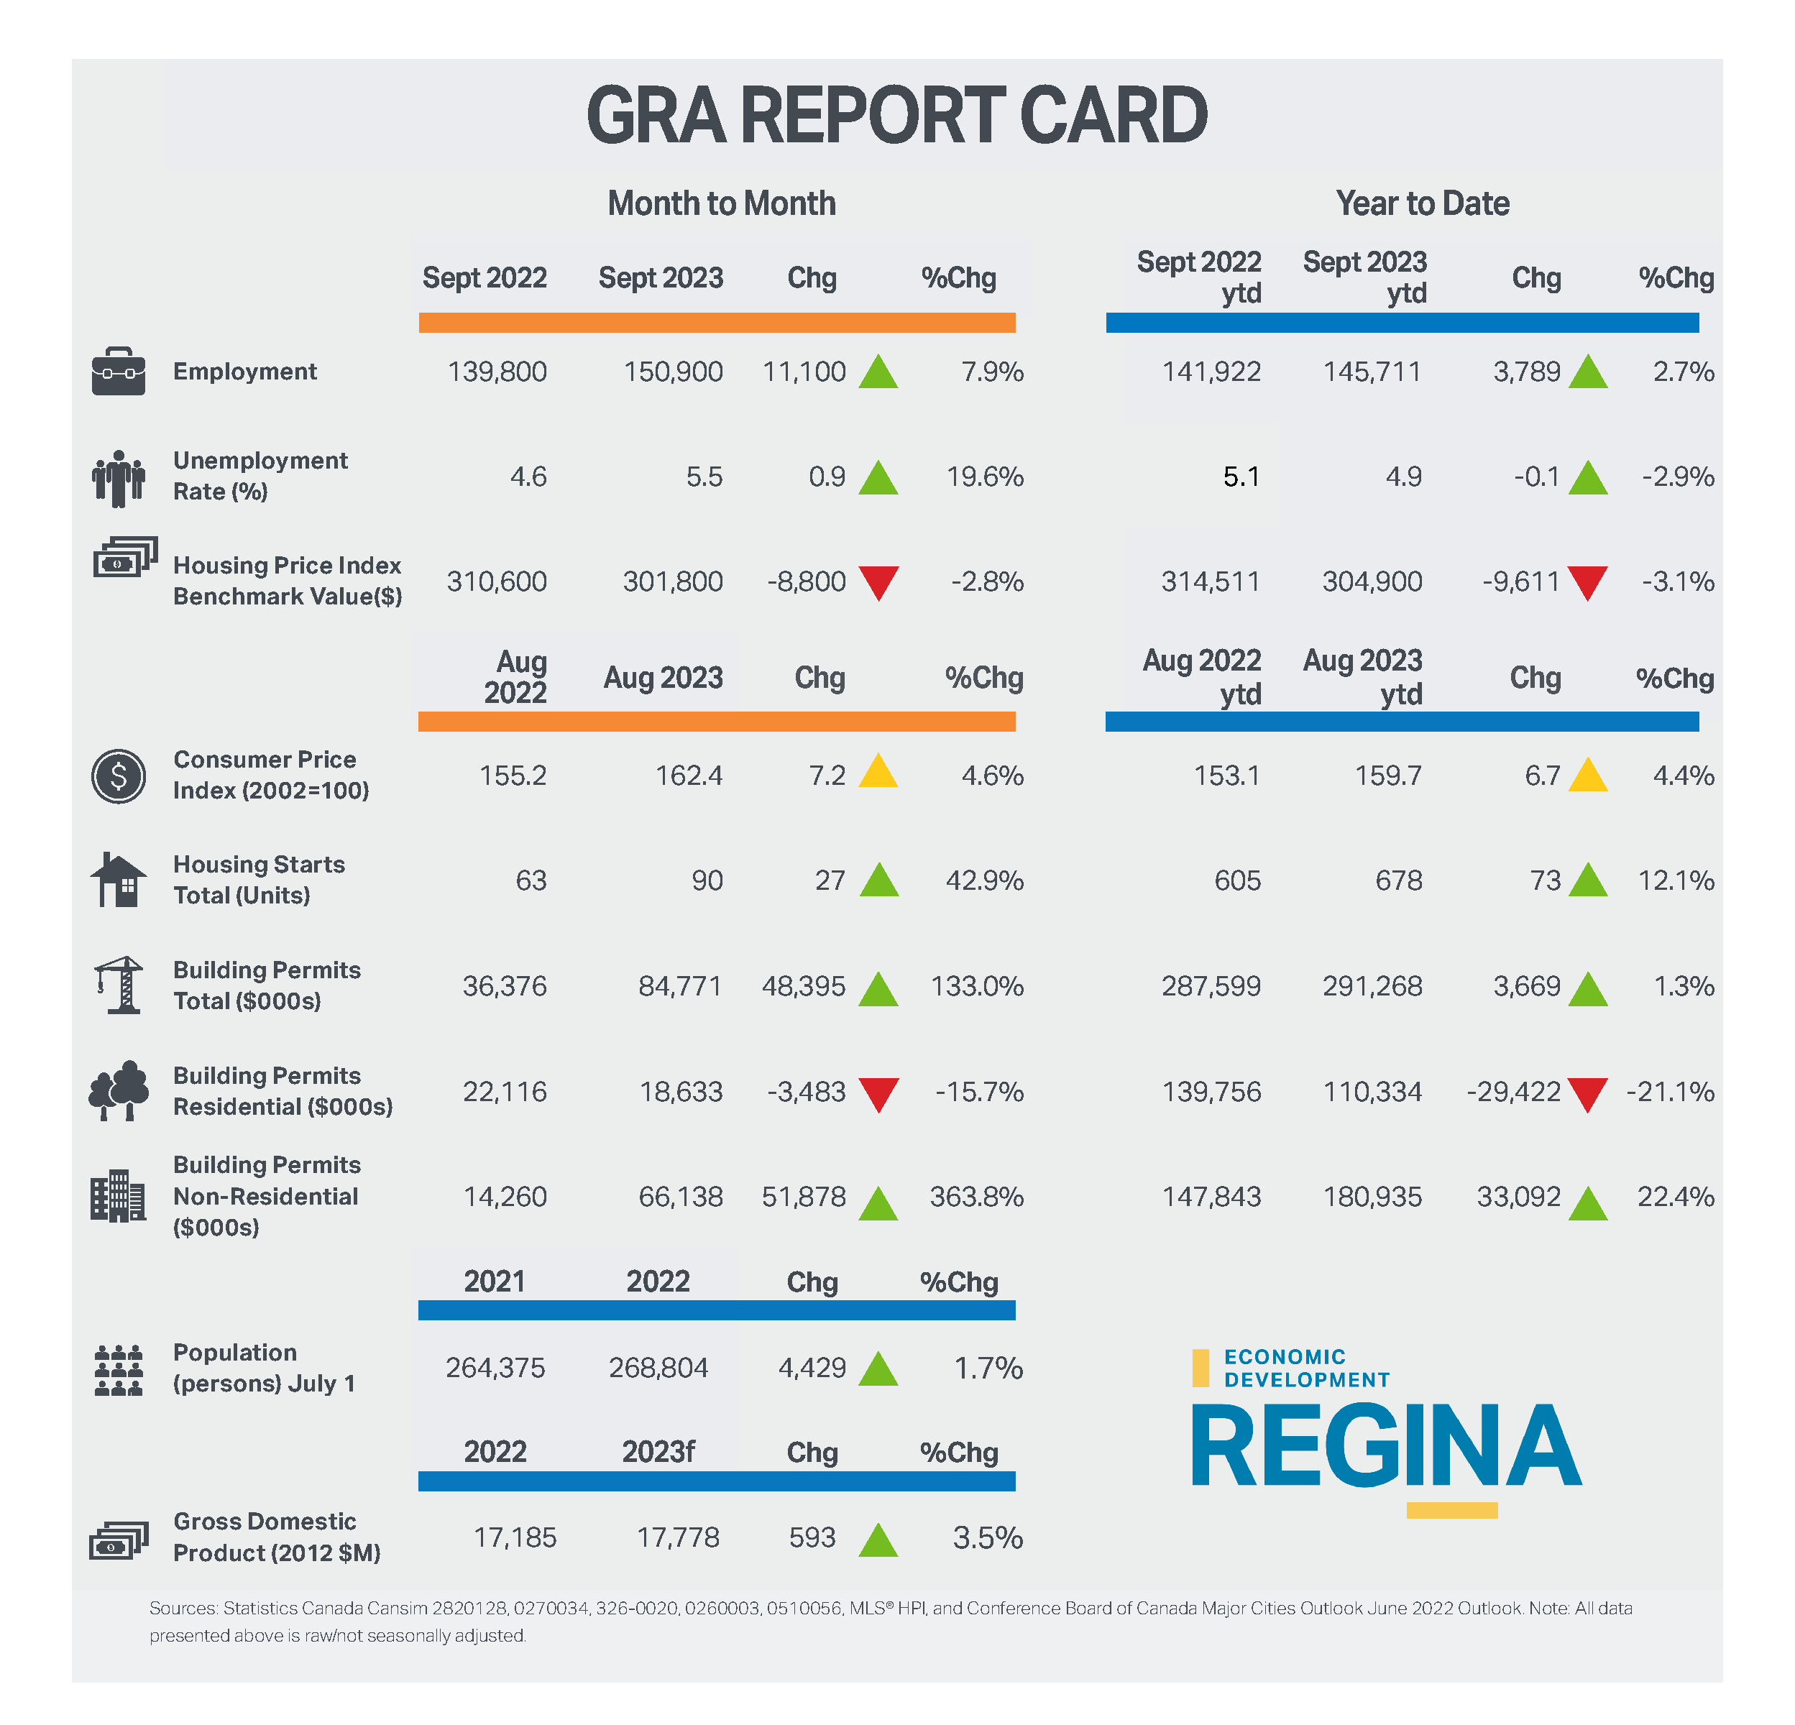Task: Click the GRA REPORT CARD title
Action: (x=896, y=116)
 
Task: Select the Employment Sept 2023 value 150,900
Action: (x=673, y=372)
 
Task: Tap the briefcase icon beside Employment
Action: (x=118, y=371)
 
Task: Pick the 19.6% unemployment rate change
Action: (x=985, y=477)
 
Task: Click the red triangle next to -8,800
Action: (x=878, y=581)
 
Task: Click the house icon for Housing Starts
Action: (x=118, y=880)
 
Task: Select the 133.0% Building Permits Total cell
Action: (x=977, y=986)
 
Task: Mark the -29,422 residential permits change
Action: (x=1513, y=1091)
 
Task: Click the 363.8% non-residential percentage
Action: (x=977, y=1197)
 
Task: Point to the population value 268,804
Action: (x=658, y=1368)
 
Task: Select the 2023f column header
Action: (x=658, y=1452)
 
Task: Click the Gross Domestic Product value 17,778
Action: (x=678, y=1537)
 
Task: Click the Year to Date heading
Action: (x=1422, y=203)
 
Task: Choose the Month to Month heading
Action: (x=722, y=203)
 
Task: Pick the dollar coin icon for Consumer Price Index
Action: (x=118, y=776)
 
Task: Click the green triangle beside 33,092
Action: (x=1588, y=1203)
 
